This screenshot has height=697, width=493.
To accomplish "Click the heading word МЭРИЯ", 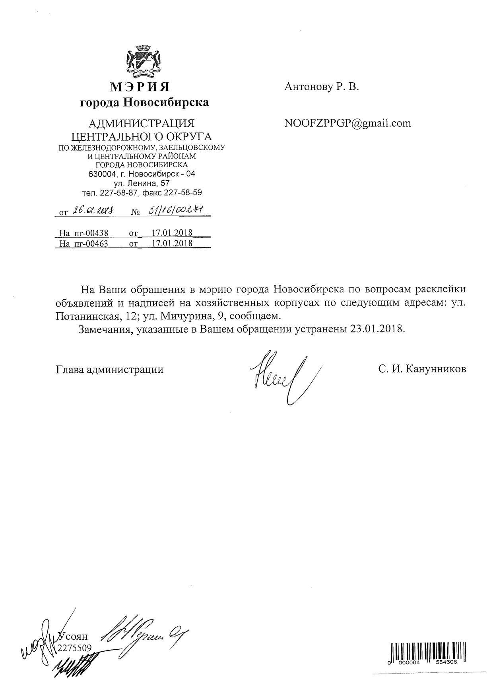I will click(140, 87).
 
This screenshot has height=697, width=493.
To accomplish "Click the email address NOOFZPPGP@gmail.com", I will click(347, 123).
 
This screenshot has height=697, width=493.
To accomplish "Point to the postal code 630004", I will click(102, 174).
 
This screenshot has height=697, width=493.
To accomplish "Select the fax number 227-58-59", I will click(182, 193).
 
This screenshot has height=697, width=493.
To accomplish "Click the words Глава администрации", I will click(110, 370).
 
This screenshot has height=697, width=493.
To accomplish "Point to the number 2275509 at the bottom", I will click(75, 648).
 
